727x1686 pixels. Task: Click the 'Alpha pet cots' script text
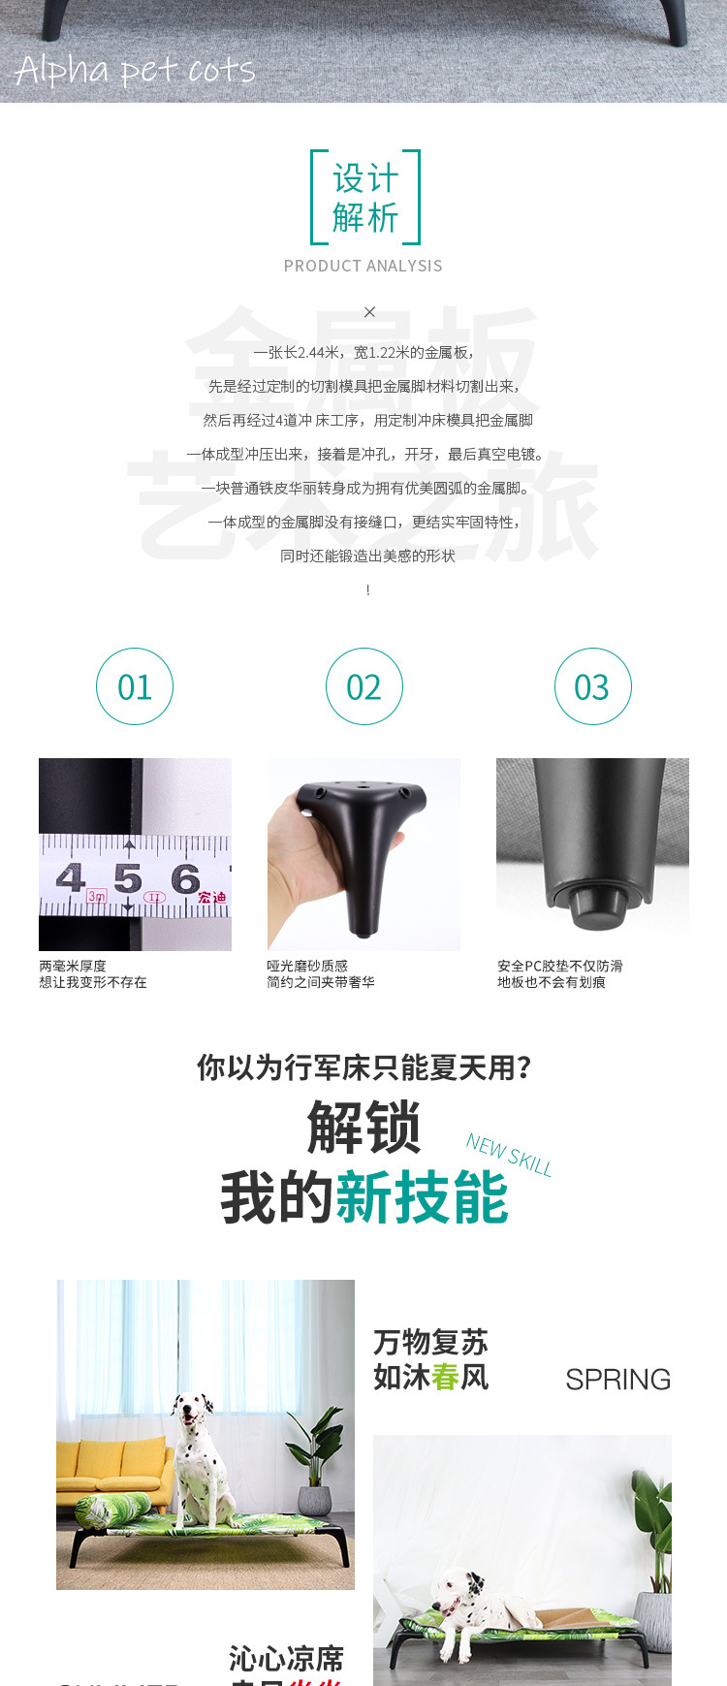[135, 70]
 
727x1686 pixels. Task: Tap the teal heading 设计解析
[365, 198]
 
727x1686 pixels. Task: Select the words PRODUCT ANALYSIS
[363, 266]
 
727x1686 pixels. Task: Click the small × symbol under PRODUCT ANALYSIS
[369, 312]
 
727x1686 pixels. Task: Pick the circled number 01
[135, 686]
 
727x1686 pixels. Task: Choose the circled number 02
[363, 686]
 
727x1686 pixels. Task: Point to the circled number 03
[592, 686]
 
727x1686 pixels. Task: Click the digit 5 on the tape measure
[127, 878]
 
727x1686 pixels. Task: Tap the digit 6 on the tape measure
[184, 878]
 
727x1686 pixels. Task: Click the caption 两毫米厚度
[73, 966]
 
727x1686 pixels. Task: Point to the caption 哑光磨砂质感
[307, 966]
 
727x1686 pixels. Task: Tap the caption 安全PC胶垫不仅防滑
[560, 966]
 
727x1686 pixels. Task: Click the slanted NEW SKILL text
[509, 1155]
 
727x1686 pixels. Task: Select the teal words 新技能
[422, 1198]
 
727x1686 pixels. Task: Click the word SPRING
[617, 1379]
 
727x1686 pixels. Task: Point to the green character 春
[446, 1377]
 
